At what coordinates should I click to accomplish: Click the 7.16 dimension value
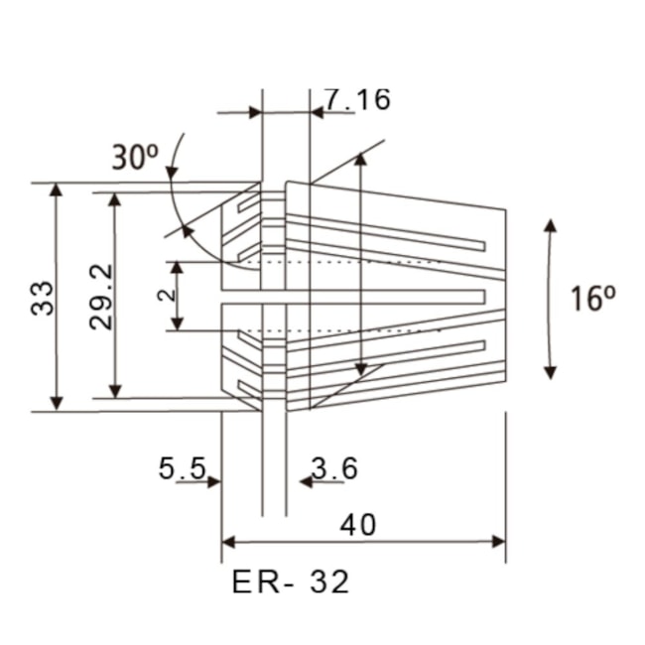pos(357,99)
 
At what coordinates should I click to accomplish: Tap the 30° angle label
pos(134,158)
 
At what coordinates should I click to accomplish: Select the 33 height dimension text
pos(42,297)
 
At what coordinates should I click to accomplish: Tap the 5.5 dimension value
pos(182,467)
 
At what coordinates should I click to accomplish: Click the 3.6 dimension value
pos(334,467)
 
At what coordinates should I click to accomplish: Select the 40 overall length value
pos(357,524)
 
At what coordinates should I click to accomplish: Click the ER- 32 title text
pos(291,582)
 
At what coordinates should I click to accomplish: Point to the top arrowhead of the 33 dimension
pos(57,191)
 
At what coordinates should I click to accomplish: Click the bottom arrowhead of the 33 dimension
pos(57,401)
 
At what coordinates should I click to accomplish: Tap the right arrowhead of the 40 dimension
pos(498,542)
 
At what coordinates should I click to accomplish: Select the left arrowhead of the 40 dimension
pos(229,542)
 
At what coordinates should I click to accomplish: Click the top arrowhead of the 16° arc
pos(551,226)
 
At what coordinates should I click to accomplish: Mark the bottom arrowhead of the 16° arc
pos(551,371)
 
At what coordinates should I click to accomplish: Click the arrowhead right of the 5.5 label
pos(213,481)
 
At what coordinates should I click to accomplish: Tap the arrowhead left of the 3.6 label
pos(306,481)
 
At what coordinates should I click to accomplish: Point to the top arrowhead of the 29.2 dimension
pos(116,199)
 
